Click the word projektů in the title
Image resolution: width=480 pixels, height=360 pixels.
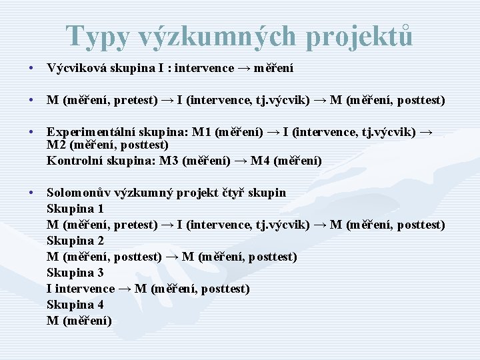click(x=359, y=36)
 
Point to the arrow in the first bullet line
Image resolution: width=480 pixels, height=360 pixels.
click(x=245, y=68)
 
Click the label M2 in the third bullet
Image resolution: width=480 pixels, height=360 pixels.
click(x=55, y=145)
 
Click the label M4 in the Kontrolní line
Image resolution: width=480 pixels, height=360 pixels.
click(x=263, y=161)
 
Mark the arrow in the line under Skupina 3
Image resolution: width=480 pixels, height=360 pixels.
click(x=124, y=289)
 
